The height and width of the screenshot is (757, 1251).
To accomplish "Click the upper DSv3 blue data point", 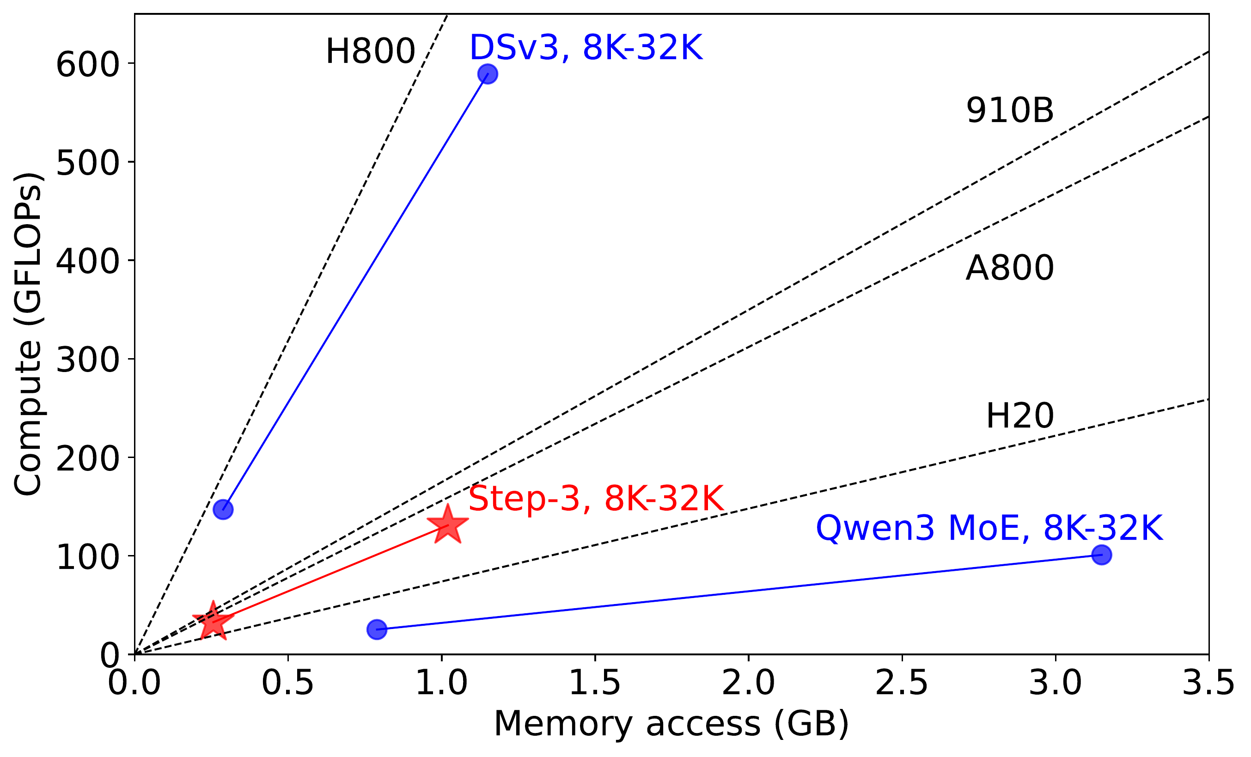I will click(488, 74).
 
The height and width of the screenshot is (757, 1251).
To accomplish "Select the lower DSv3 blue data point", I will click(223, 509).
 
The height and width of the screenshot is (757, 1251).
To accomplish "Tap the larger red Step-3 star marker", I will click(447, 525).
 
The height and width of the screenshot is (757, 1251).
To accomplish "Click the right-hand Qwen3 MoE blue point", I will click(1101, 555).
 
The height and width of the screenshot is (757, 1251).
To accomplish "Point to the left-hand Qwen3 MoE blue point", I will click(377, 629).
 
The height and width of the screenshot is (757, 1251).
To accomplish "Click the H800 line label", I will click(370, 51).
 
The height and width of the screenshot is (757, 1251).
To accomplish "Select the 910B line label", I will click(1009, 110).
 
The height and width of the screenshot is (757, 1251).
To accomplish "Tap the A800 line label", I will click(1009, 268).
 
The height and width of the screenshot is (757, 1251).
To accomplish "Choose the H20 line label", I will click(1019, 416).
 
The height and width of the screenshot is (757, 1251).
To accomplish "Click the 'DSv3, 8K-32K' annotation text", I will click(586, 48).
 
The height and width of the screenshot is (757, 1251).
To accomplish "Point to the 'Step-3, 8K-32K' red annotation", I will click(596, 498).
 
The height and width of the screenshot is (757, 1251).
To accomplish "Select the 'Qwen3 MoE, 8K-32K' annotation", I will click(989, 528).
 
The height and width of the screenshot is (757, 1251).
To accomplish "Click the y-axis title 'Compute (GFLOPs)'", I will click(27, 334).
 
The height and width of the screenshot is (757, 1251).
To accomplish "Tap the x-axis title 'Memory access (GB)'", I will click(671, 723).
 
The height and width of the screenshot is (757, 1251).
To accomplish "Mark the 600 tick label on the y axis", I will click(87, 65).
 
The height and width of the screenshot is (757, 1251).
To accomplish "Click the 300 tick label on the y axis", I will click(87, 360).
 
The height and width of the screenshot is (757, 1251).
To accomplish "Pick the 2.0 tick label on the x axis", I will click(748, 683).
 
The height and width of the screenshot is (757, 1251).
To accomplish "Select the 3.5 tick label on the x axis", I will click(1208, 683).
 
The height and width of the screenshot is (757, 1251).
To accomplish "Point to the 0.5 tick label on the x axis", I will click(288, 683).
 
